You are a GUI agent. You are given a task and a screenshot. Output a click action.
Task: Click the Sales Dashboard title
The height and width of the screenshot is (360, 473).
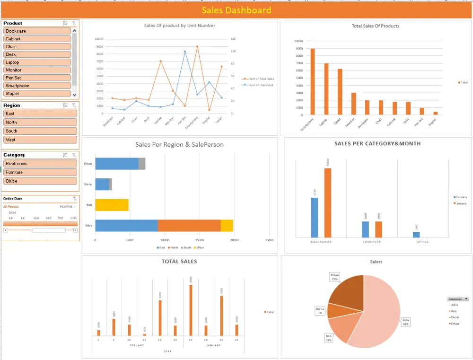tap(236, 10)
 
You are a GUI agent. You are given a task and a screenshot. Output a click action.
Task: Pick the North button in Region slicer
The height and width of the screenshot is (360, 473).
tap(40, 123)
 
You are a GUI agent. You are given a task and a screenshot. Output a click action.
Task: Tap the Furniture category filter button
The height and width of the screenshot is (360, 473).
tap(40, 173)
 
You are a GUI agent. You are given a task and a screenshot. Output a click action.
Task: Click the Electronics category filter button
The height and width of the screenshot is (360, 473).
tap(40, 164)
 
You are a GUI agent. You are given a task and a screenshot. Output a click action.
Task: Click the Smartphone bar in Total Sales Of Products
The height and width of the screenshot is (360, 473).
tap(312, 81)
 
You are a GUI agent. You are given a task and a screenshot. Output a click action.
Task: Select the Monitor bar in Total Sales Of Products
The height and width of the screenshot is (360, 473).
tap(353, 104)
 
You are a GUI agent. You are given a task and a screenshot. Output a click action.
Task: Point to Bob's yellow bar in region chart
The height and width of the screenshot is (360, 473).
tap(112, 205)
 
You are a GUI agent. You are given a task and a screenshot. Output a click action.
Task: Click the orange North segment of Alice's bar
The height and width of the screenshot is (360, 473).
tap(189, 226)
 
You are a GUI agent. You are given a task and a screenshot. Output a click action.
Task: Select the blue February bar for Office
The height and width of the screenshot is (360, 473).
tap(416, 235)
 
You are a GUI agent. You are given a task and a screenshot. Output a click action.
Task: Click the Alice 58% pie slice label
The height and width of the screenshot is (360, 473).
tap(405, 322)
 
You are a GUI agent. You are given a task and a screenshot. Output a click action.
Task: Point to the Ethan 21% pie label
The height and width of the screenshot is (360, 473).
tap(335, 277)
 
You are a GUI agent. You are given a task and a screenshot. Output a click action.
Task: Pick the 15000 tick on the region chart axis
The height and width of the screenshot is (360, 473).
tap(200, 240)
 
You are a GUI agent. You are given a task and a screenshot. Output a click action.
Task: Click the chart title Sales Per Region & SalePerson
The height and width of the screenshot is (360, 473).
tap(179, 145)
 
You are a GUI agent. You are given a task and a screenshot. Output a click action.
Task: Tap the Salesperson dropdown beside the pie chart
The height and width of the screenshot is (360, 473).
tap(458, 299)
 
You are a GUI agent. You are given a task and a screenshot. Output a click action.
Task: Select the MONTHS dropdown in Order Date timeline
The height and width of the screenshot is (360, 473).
tap(68, 207)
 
